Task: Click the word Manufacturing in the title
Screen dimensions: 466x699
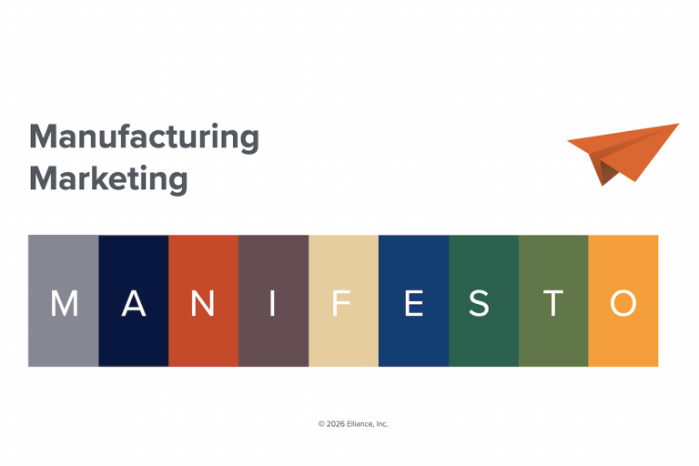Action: tap(144, 137)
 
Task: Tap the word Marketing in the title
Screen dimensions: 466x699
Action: tap(108, 177)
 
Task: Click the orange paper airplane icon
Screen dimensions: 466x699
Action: tap(626, 151)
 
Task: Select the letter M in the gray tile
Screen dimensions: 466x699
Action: tap(64, 303)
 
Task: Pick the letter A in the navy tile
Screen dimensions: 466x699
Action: tap(134, 303)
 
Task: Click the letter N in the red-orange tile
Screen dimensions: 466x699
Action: tap(203, 303)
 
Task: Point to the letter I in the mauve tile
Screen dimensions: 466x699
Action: tap(273, 303)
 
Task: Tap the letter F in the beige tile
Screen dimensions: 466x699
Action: tap(342, 303)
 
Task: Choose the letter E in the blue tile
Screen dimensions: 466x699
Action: tap(413, 303)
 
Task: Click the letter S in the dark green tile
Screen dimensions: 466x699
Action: tap(483, 303)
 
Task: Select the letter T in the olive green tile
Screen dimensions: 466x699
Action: tap(552, 303)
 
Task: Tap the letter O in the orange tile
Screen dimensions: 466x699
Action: tap(623, 303)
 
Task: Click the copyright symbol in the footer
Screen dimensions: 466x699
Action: tap(321, 424)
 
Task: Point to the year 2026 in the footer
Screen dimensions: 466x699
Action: tap(336, 424)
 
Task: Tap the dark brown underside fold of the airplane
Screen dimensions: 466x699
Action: tap(606, 170)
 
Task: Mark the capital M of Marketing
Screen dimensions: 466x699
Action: tap(43, 177)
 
